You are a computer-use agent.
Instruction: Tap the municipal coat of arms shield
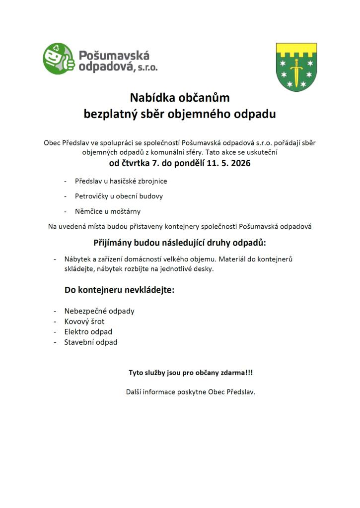tap(296, 67)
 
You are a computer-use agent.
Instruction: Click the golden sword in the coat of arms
tap(296, 69)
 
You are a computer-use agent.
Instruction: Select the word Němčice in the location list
tap(89, 211)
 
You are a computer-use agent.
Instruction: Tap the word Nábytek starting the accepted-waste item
tap(77, 259)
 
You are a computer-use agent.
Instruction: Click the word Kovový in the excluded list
tap(76, 321)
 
